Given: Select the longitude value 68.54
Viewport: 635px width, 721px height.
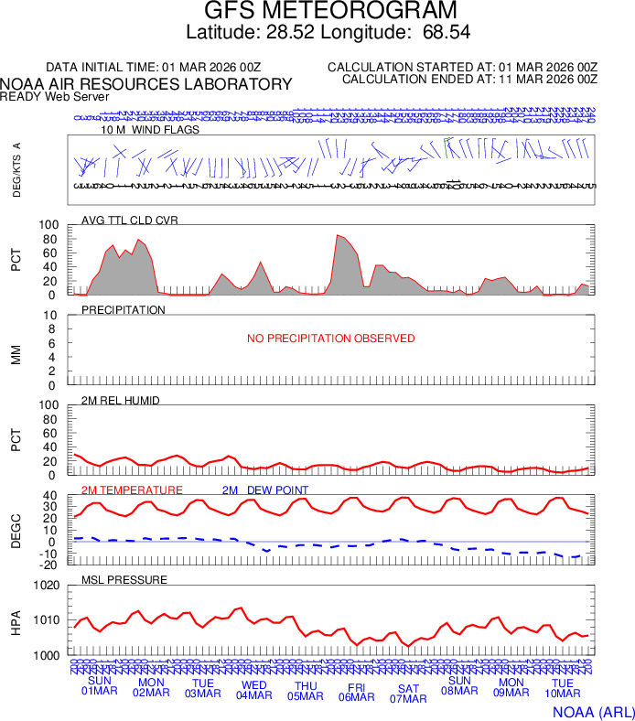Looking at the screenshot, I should tap(447, 33).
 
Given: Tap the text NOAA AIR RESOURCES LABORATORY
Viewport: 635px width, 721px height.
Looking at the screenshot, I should tap(146, 84).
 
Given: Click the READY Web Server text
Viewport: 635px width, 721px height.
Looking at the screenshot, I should tap(55, 96).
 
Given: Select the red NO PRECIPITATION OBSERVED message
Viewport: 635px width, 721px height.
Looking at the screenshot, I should tap(330, 339).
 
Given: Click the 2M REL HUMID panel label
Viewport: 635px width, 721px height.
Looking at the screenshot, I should tap(120, 400).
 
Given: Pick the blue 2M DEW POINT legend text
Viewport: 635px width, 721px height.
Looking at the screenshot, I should tap(265, 490).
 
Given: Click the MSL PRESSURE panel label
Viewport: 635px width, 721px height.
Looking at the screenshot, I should tap(124, 580).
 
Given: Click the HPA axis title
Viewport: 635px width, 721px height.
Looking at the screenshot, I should tap(16, 621).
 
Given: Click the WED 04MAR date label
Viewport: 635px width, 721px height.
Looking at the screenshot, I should tap(254, 689).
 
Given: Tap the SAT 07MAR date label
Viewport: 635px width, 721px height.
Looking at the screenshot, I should tap(408, 694).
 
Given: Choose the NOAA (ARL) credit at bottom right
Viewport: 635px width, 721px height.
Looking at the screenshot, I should tap(592, 711).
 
